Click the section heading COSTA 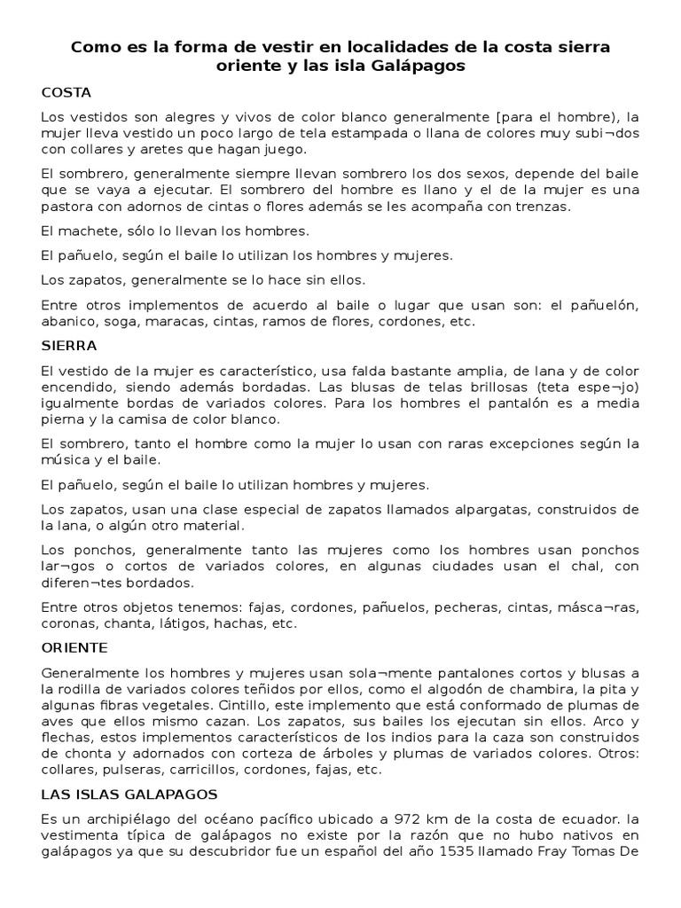click(x=67, y=92)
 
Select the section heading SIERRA click(x=69, y=345)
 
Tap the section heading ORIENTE click(x=75, y=648)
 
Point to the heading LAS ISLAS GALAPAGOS click(x=129, y=794)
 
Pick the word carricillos click(x=189, y=770)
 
